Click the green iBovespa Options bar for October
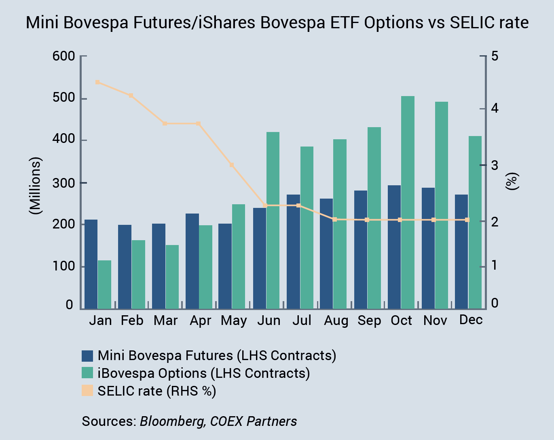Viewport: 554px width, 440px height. (x=408, y=202)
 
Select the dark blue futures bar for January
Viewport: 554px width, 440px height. (x=91, y=264)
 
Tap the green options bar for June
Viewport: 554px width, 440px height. (x=273, y=220)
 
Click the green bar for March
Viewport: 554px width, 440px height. (x=172, y=277)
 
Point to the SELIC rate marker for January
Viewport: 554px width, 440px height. (x=97, y=82)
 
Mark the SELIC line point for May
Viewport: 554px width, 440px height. (x=232, y=165)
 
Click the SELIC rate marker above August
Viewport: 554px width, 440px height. (x=334, y=220)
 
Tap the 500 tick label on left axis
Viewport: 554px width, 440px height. (x=64, y=98)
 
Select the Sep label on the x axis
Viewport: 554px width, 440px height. (x=369, y=321)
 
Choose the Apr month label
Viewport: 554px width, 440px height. (x=201, y=321)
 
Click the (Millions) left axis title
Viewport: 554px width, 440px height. (x=36, y=186)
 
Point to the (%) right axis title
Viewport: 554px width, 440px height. (x=512, y=182)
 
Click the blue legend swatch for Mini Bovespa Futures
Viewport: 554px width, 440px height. (x=87, y=356)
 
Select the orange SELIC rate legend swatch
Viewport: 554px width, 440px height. (x=87, y=391)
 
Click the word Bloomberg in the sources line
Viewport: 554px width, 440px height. (x=172, y=421)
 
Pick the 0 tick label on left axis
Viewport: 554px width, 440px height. (x=70, y=305)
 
